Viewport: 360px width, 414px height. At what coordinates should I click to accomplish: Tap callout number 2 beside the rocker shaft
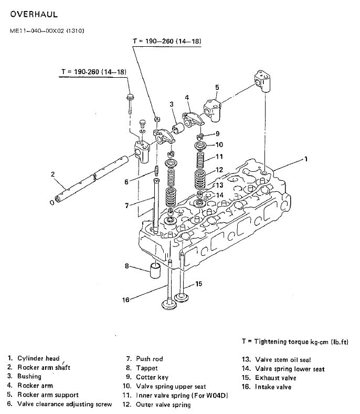click(x=53, y=174)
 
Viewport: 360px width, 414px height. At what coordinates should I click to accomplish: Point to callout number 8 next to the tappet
click(x=126, y=266)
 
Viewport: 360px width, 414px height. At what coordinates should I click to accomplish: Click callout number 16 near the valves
click(x=125, y=300)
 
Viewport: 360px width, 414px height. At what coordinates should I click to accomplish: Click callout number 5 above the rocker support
click(x=217, y=87)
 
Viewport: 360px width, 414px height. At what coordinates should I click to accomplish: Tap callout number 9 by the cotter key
click(x=217, y=133)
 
